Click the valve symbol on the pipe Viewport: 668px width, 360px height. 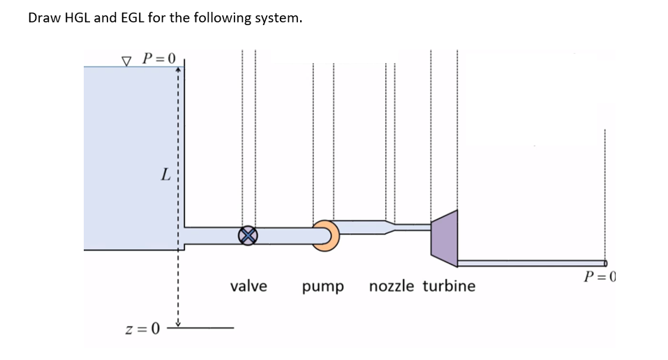(x=246, y=236)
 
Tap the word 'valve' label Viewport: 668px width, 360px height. (x=248, y=286)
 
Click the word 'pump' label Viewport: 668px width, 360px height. (x=323, y=287)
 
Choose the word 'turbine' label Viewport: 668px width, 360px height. (x=449, y=286)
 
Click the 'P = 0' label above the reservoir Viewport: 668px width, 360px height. (x=161, y=57)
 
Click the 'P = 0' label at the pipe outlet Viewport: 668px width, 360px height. (x=600, y=277)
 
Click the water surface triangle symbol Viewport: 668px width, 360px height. (x=126, y=59)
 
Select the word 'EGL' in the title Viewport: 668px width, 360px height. (x=130, y=18)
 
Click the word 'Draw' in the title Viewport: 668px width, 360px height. (x=43, y=18)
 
